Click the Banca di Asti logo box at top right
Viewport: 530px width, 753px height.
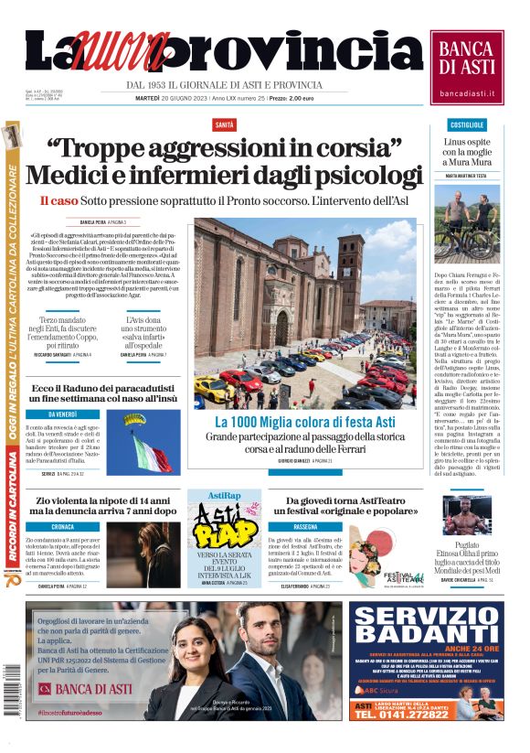467,67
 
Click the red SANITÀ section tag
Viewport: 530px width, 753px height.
223,124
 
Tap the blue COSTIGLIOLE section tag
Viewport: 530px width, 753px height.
467,124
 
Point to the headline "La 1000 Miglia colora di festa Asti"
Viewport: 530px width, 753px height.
305,422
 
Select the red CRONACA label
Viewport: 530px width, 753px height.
63,527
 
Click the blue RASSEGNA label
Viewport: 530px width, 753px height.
305,527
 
